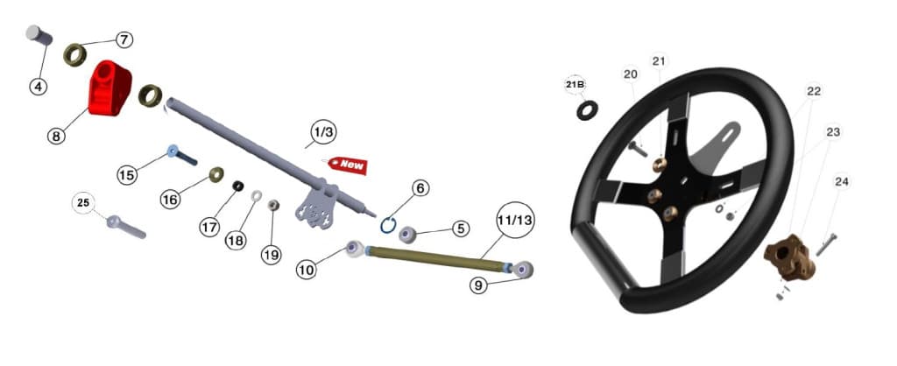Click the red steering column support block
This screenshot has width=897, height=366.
point(109,88)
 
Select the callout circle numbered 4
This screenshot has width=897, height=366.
point(39,87)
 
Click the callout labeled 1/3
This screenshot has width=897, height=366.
point(323,132)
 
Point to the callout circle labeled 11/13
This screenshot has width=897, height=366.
point(515,220)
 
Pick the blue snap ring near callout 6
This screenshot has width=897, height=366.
point(388,225)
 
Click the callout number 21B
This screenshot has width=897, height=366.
point(575,85)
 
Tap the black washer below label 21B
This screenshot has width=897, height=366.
point(587,109)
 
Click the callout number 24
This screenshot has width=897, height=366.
point(842,182)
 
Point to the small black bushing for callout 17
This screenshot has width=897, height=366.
point(238,186)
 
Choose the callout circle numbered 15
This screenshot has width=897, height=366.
point(127,174)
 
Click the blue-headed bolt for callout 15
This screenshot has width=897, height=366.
point(182,155)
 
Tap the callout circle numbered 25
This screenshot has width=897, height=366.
point(83,203)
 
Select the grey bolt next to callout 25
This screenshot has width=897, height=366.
point(126,227)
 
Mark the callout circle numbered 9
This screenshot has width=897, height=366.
point(478,285)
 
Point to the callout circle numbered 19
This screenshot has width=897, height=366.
point(272,255)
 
